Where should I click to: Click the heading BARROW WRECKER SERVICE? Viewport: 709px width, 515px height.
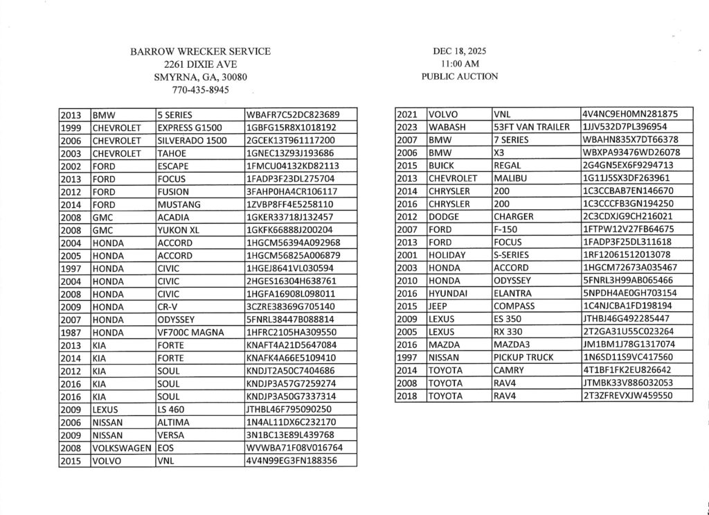click(x=201, y=51)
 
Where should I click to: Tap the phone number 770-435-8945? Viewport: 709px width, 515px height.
click(x=201, y=89)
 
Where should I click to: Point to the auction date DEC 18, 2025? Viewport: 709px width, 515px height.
click(x=459, y=51)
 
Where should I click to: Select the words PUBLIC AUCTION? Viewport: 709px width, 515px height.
click(x=459, y=76)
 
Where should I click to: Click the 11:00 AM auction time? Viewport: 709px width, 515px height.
click(x=459, y=64)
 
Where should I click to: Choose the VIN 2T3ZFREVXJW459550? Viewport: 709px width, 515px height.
click(x=627, y=396)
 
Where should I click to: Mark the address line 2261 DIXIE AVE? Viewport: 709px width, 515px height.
click(x=201, y=64)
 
